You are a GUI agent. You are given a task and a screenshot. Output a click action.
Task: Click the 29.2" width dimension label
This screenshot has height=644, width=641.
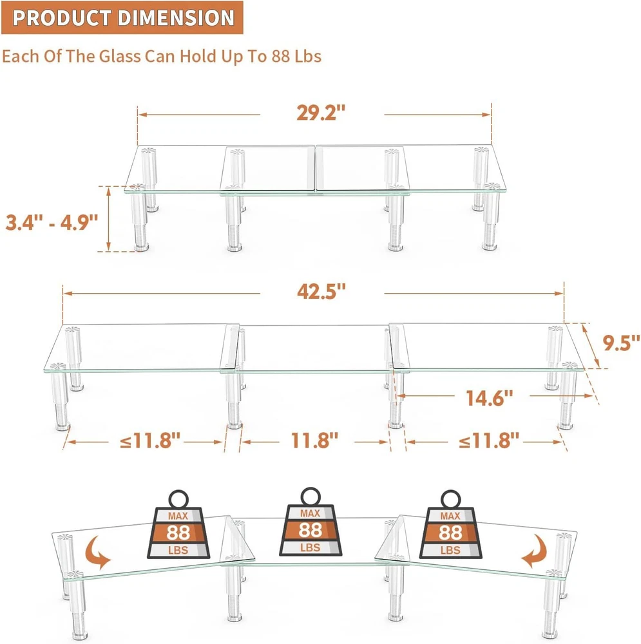tap(321, 113)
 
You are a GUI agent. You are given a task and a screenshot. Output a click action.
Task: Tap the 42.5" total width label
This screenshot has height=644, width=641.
tap(321, 291)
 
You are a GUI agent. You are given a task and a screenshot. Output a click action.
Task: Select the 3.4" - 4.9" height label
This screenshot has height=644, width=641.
tap(52, 222)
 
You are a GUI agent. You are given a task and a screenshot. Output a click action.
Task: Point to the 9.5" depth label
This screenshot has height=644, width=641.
tap(621, 343)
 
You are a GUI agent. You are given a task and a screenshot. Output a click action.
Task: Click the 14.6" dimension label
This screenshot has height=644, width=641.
tap(490, 398)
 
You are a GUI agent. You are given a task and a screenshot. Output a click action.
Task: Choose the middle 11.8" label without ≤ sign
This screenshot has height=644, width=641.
tap(315, 440)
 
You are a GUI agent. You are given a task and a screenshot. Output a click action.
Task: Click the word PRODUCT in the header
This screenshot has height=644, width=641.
tap(62, 17)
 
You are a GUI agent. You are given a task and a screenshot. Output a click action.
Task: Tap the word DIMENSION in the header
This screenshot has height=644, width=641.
tap(176, 17)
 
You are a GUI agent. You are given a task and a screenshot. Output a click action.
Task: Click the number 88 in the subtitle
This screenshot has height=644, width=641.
tap(281, 56)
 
